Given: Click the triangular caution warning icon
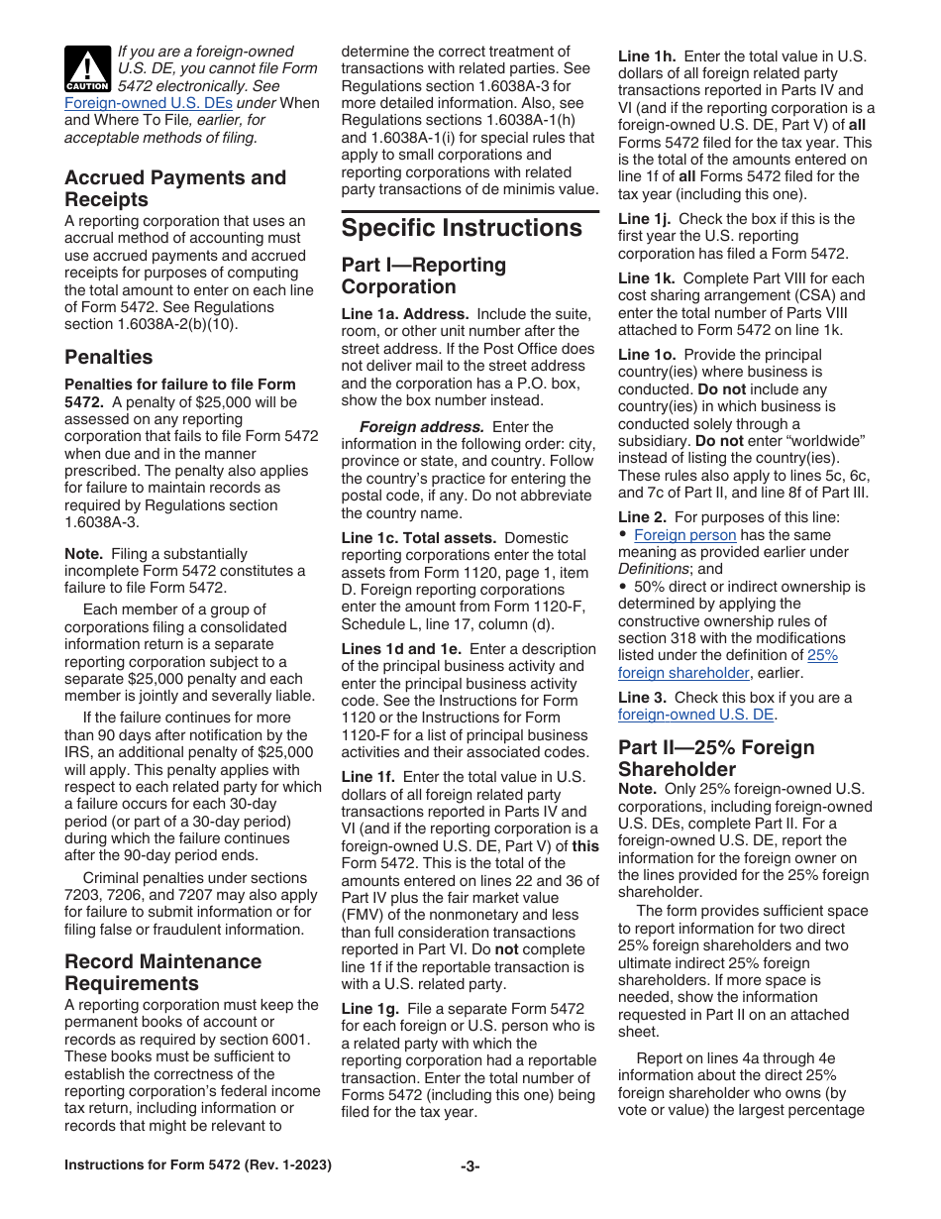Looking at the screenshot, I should (x=87, y=69).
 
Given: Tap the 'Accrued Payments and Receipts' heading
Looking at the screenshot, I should (x=174, y=188).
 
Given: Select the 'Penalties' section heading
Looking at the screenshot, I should (x=109, y=357).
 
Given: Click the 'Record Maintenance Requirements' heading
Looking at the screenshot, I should (x=162, y=972).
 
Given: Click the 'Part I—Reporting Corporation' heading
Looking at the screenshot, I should (x=423, y=276).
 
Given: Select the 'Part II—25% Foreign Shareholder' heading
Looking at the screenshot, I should (x=715, y=758).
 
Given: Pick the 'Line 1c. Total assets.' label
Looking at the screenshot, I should (x=419, y=537).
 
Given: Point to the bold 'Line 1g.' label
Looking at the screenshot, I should (x=370, y=1007).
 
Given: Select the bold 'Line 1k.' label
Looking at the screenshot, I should (x=647, y=277).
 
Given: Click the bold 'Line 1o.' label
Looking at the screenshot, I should (x=647, y=354).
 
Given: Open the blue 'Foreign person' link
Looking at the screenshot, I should (x=684, y=535).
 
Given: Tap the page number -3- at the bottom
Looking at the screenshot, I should (x=470, y=1165).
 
